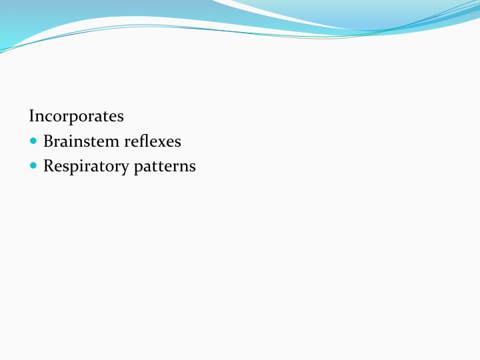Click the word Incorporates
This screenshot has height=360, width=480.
click(76, 117)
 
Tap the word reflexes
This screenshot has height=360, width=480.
click(153, 141)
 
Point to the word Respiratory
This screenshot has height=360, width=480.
click(86, 167)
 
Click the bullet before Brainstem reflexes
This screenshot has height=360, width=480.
click(33, 141)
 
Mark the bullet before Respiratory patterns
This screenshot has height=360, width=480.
click(33, 165)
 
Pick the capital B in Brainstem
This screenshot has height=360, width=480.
click(49, 141)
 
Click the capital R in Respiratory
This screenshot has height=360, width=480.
click(49, 166)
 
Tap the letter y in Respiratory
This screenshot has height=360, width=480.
click(124, 169)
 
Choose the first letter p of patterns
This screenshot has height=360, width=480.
click(139, 169)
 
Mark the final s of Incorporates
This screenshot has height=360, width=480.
click(121, 119)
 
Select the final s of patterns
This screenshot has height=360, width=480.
click(193, 169)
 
